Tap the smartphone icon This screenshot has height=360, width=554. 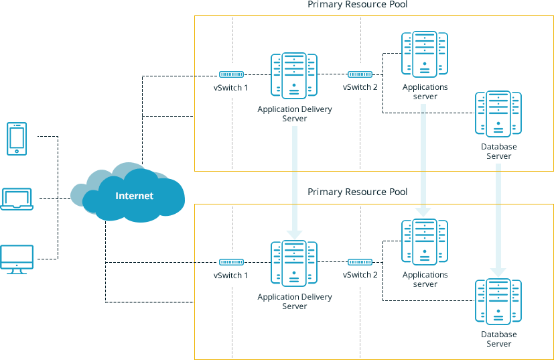click(16, 139)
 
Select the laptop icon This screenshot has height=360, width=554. click(17, 199)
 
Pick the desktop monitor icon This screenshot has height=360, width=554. click(17, 259)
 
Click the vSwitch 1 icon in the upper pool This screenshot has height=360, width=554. click(231, 74)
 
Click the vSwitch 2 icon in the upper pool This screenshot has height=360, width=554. click(360, 74)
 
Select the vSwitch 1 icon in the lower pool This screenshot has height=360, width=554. click(231, 262)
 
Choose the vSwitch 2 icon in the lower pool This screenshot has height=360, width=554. click(360, 262)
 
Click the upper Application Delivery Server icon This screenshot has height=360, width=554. click(294, 76)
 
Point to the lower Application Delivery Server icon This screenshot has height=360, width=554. click(294, 263)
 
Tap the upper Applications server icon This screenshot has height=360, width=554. click(425, 54)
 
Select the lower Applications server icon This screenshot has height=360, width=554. click(425, 242)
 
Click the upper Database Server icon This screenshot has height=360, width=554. click(498, 113)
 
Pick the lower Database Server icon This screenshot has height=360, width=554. click(498, 302)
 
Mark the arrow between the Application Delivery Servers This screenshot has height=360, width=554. click(294, 181)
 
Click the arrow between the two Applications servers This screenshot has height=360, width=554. click(424, 161)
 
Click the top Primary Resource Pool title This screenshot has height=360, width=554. click(357, 5)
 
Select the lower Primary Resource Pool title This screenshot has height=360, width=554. click(357, 192)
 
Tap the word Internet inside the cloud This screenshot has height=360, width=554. click(134, 196)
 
